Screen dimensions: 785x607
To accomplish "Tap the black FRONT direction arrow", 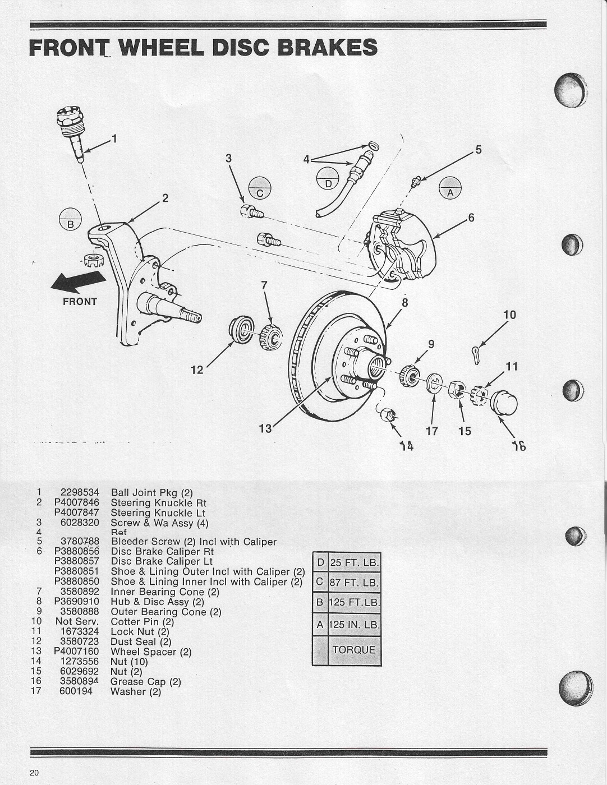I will point(78,282).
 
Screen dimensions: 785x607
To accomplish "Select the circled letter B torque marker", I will point(70,218).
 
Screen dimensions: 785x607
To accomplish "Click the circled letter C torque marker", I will point(260,188).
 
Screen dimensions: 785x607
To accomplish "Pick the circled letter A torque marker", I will point(449,187).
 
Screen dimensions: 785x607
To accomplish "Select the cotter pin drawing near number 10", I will point(475,354).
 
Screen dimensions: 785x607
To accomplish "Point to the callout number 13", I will point(265,429).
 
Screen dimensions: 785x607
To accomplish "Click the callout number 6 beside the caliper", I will point(471,218).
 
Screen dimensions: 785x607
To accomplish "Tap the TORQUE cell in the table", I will point(353,650).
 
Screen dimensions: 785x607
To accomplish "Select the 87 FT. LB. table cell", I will point(353,582).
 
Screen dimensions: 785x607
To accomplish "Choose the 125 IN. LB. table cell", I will point(353,625).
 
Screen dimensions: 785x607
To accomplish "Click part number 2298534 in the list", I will point(79,493).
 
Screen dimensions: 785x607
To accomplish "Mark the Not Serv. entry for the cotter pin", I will point(77,621).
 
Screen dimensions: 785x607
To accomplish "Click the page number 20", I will point(35,773).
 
